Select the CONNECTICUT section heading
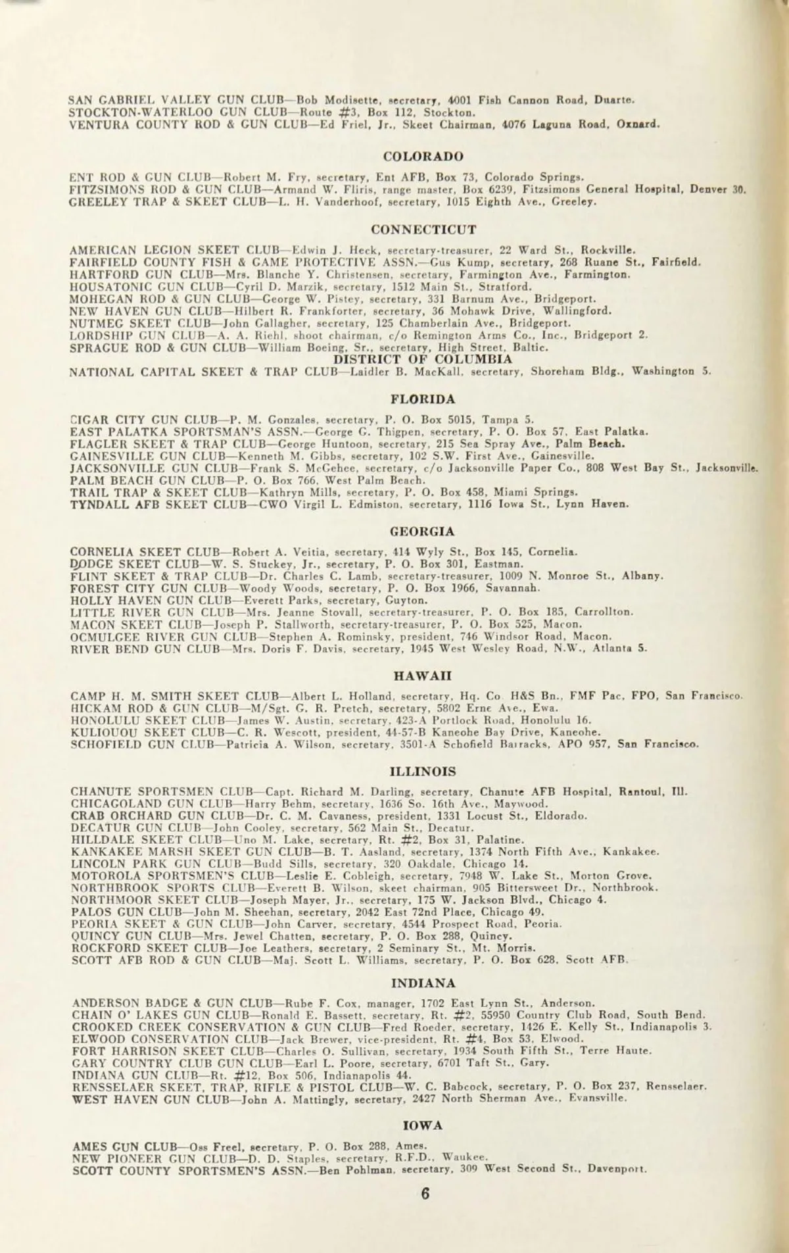[x=423, y=230]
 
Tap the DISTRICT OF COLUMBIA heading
[x=423, y=359]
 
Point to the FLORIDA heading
[x=423, y=399]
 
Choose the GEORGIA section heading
[x=423, y=531]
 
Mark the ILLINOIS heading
[x=423, y=771]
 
